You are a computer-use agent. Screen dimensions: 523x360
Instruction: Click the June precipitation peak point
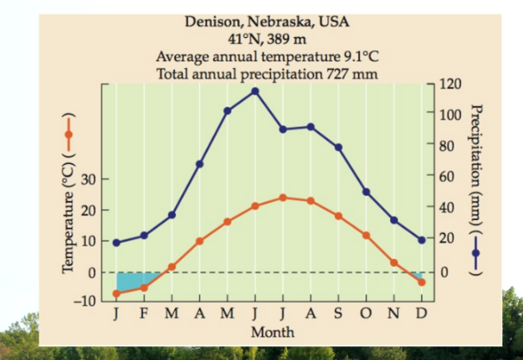[x=255, y=92]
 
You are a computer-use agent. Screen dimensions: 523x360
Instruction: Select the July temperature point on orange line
[x=283, y=198]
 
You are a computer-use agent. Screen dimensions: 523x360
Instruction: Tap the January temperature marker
[x=116, y=293]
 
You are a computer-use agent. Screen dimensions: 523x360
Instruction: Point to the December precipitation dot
[x=422, y=240]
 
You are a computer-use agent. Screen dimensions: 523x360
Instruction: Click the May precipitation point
[x=227, y=111]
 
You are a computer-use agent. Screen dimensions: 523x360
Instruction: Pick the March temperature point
[x=172, y=267]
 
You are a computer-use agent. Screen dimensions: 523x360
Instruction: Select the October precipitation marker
[x=366, y=192]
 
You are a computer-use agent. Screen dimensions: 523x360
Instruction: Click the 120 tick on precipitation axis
[x=450, y=84]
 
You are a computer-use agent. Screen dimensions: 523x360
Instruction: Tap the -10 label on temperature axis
[x=85, y=301]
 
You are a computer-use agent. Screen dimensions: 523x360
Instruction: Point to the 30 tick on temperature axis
[x=88, y=179]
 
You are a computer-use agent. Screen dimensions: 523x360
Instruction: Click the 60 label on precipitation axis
[x=447, y=176]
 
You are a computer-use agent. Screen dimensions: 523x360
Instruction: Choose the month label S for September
[x=338, y=313]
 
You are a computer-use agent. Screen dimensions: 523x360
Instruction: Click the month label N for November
[x=394, y=313]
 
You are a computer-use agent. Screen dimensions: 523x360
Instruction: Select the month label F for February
[x=144, y=313]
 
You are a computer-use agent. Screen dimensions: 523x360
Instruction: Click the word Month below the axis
[x=272, y=333]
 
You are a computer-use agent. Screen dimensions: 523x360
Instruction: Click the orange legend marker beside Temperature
[x=69, y=134]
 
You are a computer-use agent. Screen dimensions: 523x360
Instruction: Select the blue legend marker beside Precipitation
[x=476, y=253]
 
